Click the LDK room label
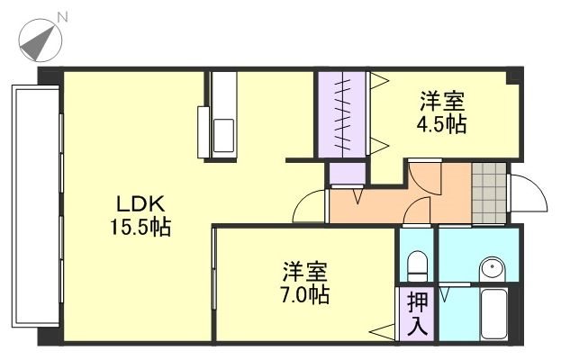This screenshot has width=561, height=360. click(x=134, y=203)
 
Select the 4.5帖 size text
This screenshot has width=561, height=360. click(x=440, y=125)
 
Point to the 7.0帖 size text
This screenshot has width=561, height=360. click(x=303, y=293)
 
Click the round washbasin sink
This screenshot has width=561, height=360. click(x=491, y=268)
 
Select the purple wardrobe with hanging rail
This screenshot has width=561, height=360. click(x=342, y=114)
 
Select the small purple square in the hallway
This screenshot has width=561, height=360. click(x=344, y=172)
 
